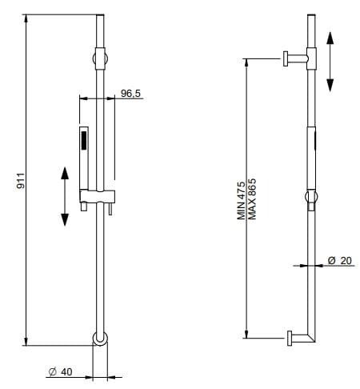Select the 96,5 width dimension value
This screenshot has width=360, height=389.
click(130, 94)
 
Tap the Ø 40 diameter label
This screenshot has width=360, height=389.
click(60, 371)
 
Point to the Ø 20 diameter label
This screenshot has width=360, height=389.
click(341, 260)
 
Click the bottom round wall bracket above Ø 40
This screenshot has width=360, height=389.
click(98, 339)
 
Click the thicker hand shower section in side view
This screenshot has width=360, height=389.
click(312, 157)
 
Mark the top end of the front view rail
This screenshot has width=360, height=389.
click(99, 16)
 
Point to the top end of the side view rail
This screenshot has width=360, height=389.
click(311, 16)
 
